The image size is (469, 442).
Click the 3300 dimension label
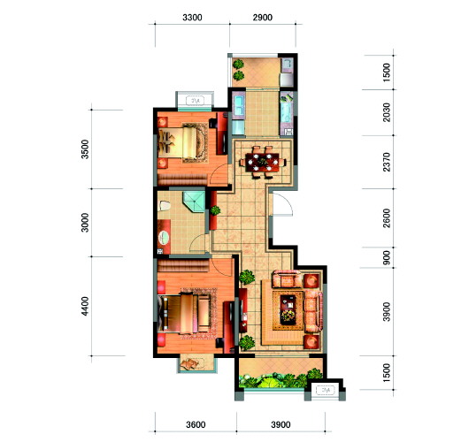(x=192, y=18)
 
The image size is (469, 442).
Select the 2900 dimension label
(x=263, y=18)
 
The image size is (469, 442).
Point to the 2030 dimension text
(x=387, y=112)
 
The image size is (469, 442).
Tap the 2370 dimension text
(x=387, y=162)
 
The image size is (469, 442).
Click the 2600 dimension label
(x=387, y=218)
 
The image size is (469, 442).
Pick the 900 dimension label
(x=387, y=257)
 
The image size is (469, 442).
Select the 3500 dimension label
(x=85, y=149)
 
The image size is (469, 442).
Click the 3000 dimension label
(x=85, y=223)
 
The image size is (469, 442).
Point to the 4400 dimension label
(x=85, y=306)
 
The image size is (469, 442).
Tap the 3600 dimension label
(x=196, y=424)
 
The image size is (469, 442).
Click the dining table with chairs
(x=263, y=163)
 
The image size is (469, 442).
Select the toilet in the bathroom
(x=164, y=206)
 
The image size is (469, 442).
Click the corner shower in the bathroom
(x=195, y=202)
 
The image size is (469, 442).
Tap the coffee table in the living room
(x=288, y=309)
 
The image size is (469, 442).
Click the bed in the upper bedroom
(x=183, y=142)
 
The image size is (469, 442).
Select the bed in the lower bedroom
(x=184, y=314)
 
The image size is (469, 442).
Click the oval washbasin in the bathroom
(x=164, y=238)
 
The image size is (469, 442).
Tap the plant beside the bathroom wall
(x=215, y=210)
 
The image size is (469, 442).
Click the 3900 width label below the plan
(x=281, y=424)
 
